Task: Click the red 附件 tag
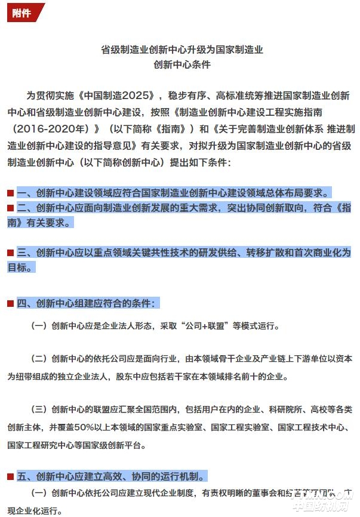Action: (x=22, y=13)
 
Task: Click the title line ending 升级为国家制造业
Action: (x=181, y=50)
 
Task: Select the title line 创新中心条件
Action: (x=181, y=64)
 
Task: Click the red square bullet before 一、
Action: (x=10, y=193)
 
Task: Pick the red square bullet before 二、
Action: (x=10, y=208)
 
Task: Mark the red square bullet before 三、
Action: (x=10, y=253)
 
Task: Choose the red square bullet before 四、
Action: (x=10, y=304)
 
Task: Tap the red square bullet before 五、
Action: (x=10, y=476)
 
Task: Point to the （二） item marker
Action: (x=39, y=359)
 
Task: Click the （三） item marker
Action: (x=39, y=410)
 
